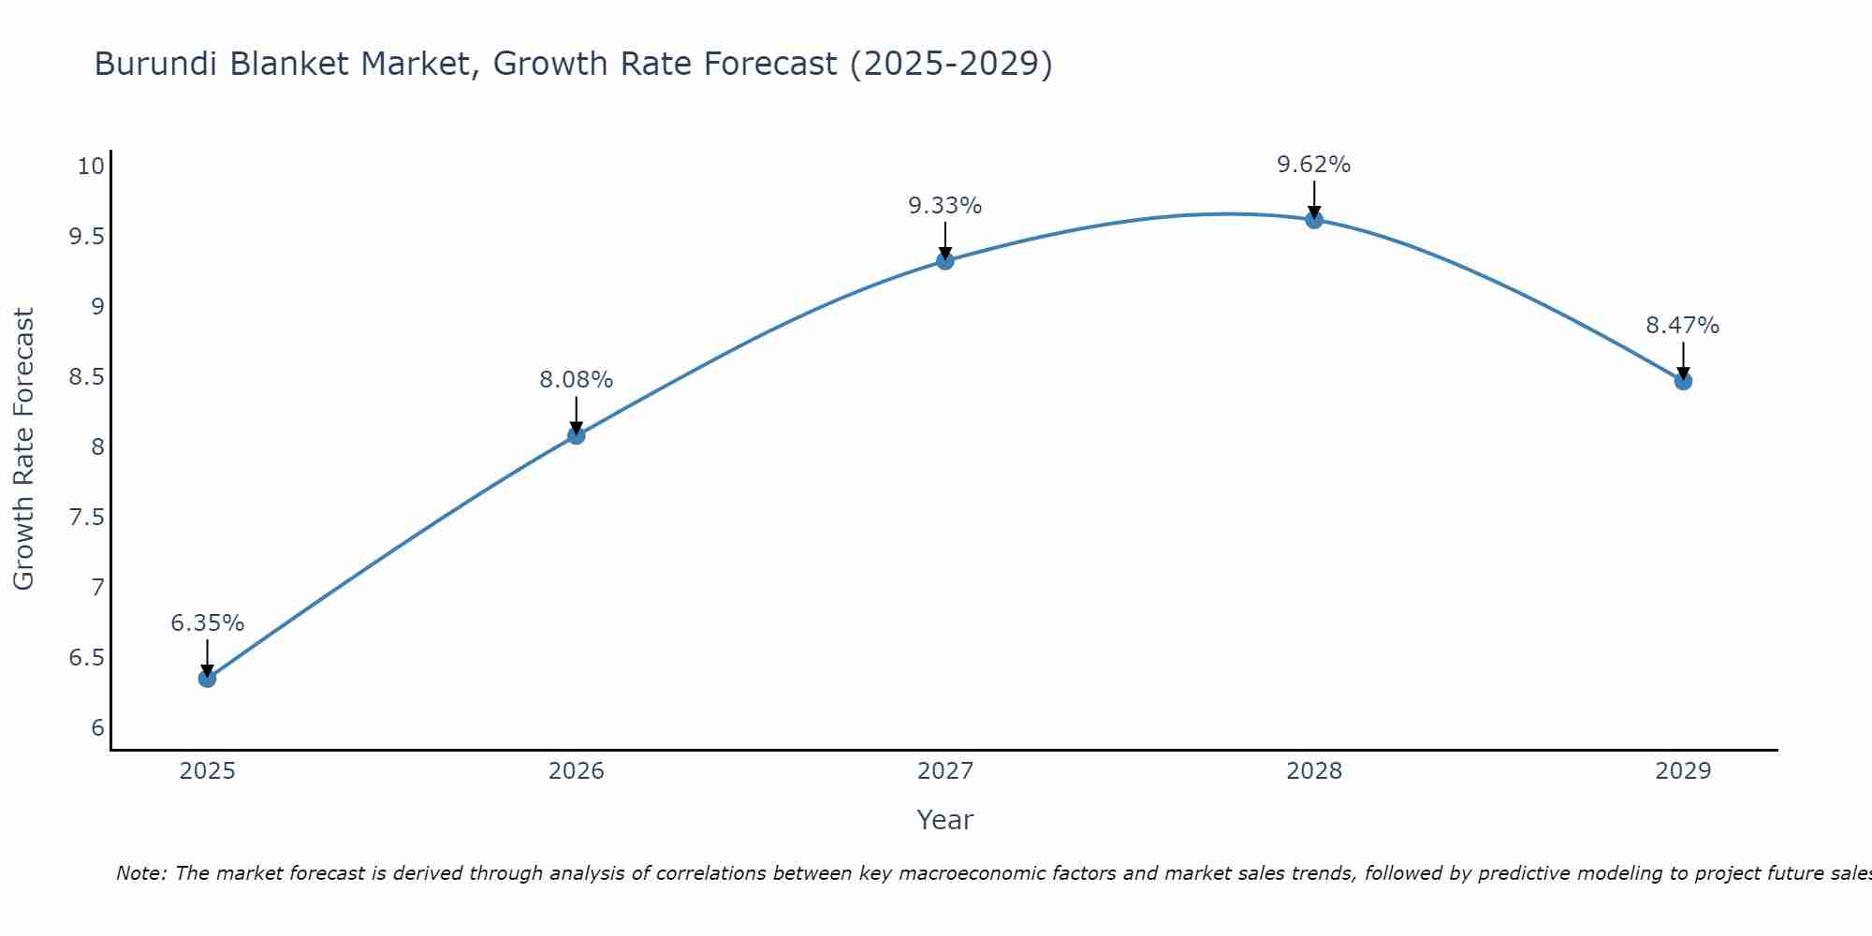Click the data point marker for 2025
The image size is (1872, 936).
point(207,679)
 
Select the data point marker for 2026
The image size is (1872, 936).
point(576,435)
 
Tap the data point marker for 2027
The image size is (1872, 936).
point(945,260)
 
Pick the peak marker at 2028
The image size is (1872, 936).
point(1314,220)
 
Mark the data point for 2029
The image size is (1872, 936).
point(1683,381)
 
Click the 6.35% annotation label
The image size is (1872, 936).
point(207,623)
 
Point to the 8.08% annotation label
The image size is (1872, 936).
point(576,380)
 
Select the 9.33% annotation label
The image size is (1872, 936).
point(945,206)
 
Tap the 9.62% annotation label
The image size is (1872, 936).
point(1314,165)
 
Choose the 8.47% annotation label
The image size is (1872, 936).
point(1683,326)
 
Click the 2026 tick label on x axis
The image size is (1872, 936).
point(576,771)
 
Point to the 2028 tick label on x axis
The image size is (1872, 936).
point(1314,771)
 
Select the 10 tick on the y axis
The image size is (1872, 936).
point(91,167)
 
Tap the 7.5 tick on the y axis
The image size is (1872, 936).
point(86,518)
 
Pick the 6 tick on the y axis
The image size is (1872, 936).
point(97,728)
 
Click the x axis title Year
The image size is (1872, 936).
point(945,820)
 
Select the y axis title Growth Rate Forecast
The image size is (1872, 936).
point(23,449)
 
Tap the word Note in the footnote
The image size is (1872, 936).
point(140,873)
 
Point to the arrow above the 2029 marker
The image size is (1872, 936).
point(1683,359)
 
